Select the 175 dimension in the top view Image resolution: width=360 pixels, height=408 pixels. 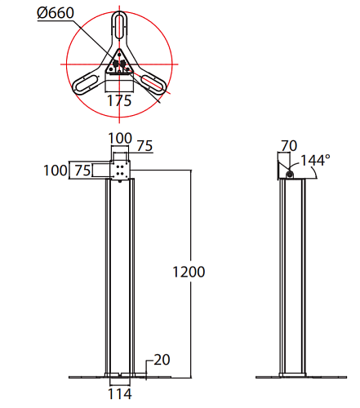(x=121, y=101)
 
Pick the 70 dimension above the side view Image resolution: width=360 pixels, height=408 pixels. (x=287, y=147)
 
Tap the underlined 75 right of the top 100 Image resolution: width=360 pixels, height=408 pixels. (x=144, y=146)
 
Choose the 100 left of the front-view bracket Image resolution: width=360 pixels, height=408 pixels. (x=56, y=170)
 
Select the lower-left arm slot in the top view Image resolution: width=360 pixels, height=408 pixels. (x=85, y=82)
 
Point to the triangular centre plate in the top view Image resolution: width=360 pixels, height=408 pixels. (x=120, y=64)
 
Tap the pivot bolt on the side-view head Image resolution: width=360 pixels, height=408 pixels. (x=291, y=173)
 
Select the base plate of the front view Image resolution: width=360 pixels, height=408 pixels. (x=120, y=377)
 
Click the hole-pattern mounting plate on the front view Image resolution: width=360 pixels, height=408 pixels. (x=121, y=170)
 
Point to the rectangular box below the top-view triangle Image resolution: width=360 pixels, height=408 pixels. (x=120, y=83)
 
